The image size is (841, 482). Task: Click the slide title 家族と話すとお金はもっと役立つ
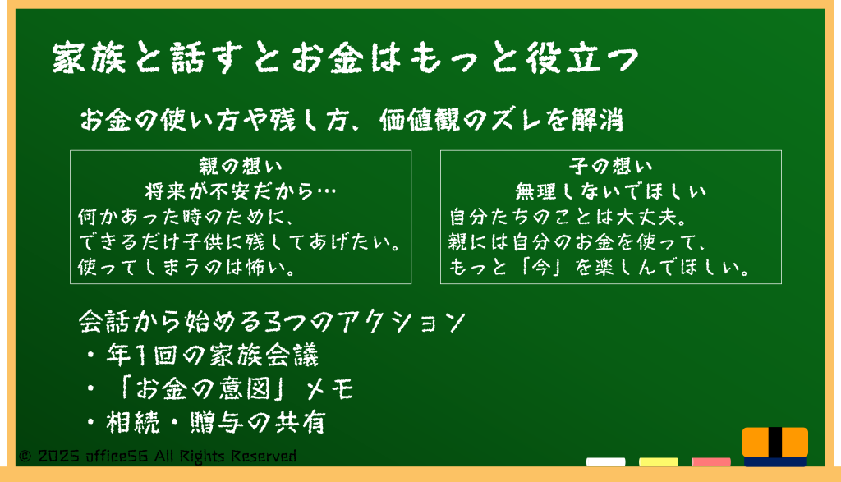(x=346, y=58)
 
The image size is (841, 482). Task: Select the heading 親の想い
(x=241, y=166)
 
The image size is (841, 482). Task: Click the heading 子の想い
(x=611, y=166)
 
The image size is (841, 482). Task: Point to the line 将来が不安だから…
(x=241, y=191)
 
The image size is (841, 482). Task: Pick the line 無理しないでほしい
(x=611, y=191)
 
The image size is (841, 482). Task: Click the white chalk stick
(x=605, y=462)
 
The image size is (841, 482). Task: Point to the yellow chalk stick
(x=658, y=462)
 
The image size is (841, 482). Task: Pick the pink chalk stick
(x=710, y=462)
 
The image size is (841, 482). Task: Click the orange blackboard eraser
(x=775, y=447)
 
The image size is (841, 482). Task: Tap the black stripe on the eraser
(x=775, y=443)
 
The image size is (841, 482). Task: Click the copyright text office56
(x=117, y=457)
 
